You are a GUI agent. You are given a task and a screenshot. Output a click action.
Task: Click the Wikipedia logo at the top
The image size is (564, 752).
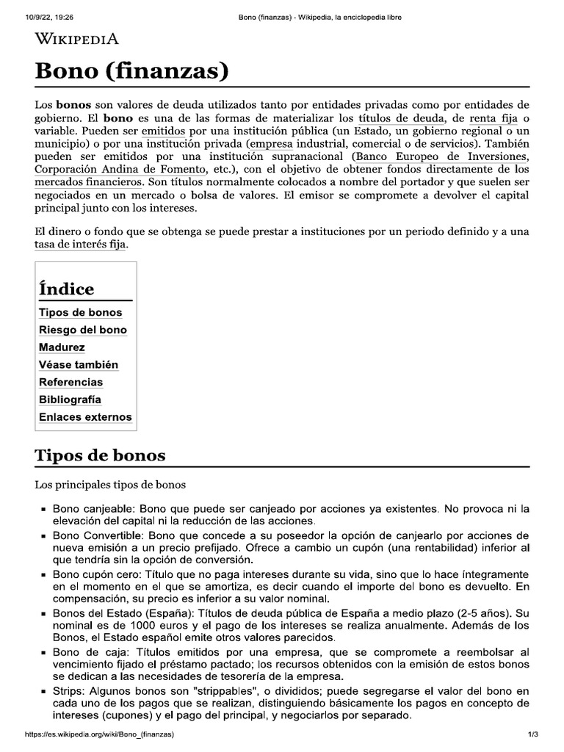(x=77, y=40)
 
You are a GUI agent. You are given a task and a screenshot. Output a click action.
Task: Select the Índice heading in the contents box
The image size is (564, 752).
(x=66, y=289)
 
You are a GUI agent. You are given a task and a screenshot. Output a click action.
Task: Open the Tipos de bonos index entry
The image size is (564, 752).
(x=81, y=313)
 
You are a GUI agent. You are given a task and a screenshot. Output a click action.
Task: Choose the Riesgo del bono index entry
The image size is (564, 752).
(x=83, y=330)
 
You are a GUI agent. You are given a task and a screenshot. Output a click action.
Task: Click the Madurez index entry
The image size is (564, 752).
(x=62, y=347)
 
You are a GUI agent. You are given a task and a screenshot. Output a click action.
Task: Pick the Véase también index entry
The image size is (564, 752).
(x=79, y=365)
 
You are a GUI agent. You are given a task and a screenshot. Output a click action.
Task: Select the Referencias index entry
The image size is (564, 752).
(x=70, y=383)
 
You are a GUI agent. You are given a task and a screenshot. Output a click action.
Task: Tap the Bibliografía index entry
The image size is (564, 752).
(x=70, y=399)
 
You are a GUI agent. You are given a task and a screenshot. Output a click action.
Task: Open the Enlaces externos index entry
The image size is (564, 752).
(x=85, y=417)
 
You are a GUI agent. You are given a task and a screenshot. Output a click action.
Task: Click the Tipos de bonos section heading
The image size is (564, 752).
(x=101, y=455)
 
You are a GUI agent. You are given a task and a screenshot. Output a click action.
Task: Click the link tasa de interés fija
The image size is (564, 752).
(x=81, y=244)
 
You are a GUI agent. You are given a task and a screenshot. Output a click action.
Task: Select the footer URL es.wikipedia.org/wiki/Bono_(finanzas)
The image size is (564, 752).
(x=99, y=734)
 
